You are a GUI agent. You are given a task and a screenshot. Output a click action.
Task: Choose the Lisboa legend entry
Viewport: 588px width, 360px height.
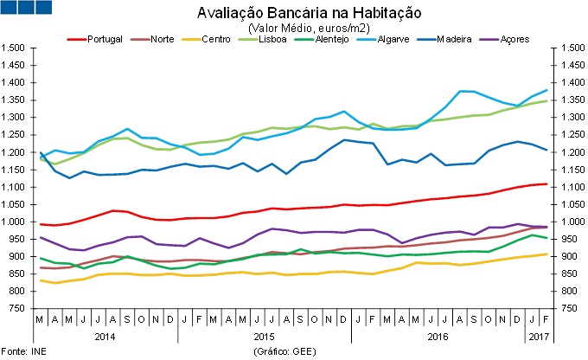(x=282, y=40)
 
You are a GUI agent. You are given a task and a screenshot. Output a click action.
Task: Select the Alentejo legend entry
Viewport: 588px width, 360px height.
(x=344, y=40)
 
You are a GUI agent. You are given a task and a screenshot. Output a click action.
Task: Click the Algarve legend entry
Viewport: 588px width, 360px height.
(x=404, y=40)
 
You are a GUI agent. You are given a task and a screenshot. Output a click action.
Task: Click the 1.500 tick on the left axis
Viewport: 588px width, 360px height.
(x=15, y=48)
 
